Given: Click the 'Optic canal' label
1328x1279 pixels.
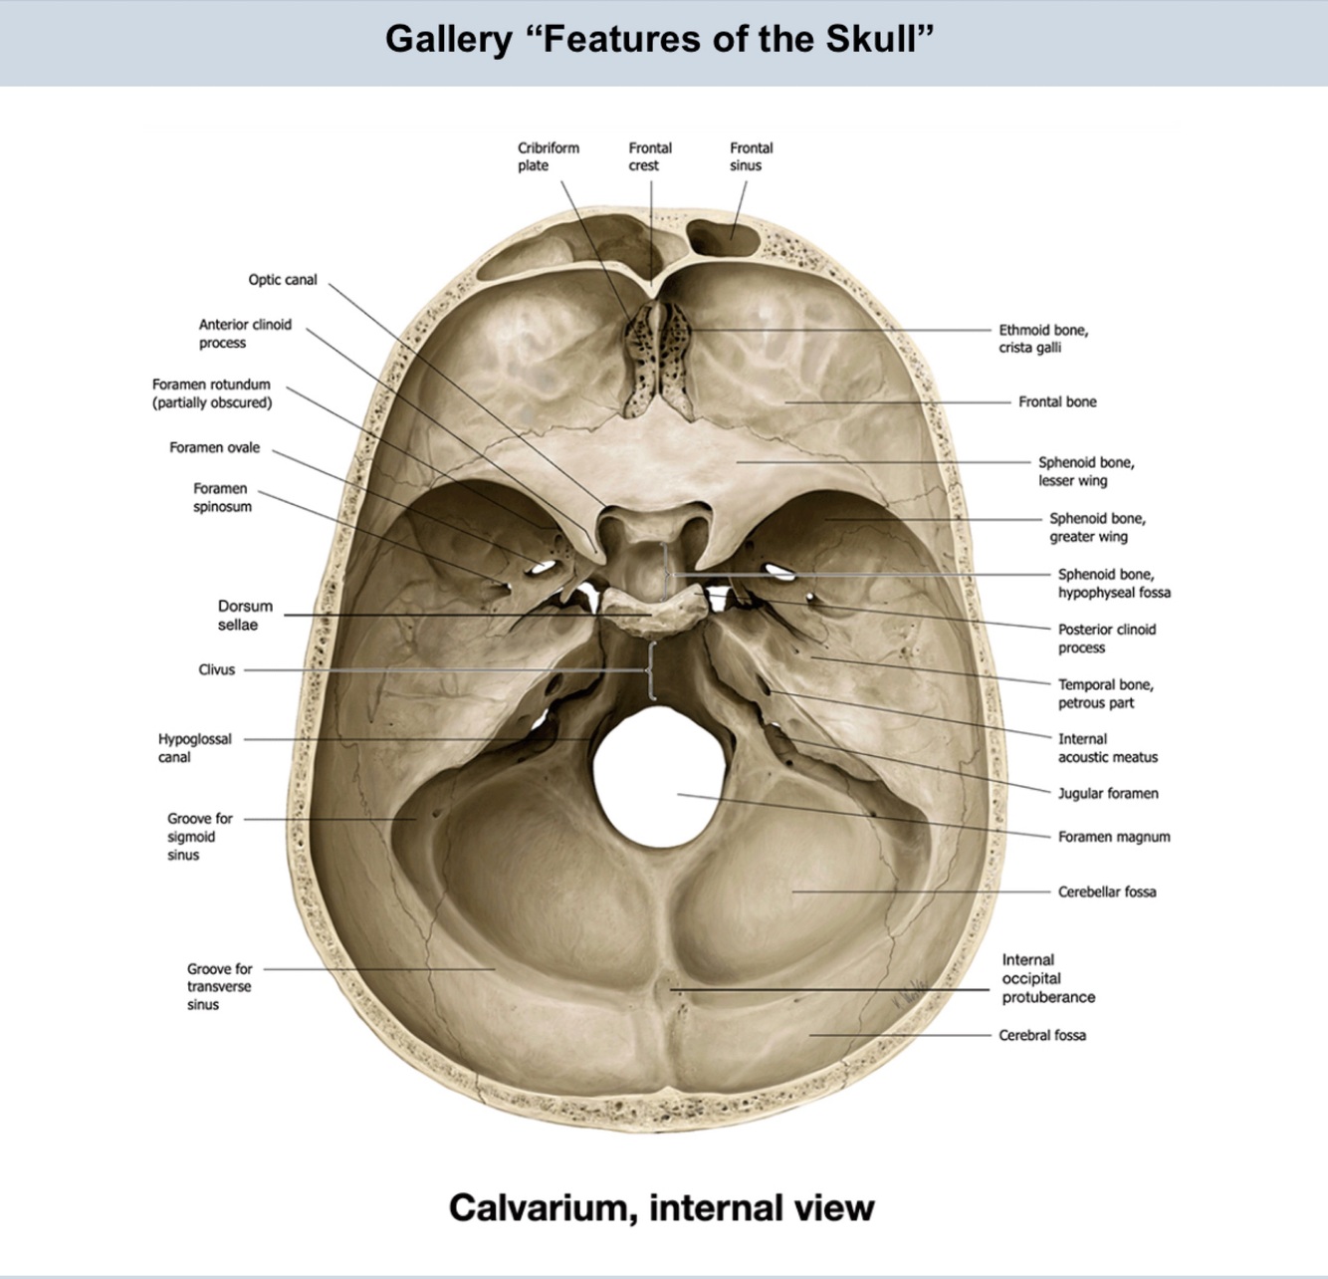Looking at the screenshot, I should (283, 280).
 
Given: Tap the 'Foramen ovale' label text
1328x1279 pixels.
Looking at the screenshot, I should (214, 447).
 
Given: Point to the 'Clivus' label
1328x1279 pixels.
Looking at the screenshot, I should (216, 669).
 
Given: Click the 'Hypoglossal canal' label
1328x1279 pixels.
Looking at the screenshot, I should (194, 748).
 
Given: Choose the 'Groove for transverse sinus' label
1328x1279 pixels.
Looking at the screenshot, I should (219, 986).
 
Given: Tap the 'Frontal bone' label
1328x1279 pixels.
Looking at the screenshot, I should (1057, 401).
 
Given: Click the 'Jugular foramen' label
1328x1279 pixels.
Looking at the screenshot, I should (1108, 793).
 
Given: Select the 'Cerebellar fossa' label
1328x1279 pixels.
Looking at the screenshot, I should (1107, 892).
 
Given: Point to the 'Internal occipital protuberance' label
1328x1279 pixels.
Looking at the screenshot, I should (1048, 978).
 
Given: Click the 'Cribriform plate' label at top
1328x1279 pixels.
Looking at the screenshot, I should (548, 156).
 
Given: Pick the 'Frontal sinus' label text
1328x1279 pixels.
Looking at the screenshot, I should (751, 156).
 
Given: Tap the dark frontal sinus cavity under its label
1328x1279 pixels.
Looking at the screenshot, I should (725, 236).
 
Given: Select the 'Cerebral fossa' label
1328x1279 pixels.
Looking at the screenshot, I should (1042, 1035).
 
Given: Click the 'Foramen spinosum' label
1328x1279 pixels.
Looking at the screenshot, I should (222, 497).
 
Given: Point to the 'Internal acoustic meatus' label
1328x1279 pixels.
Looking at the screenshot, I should (1107, 748).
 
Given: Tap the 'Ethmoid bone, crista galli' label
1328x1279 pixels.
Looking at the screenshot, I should (1043, 339).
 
